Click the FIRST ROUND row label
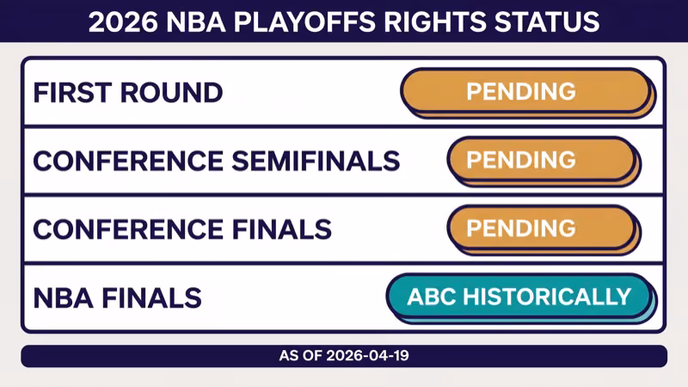coord(128,92)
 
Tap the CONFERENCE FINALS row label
coord(182,229)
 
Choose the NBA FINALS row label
coord(117,298)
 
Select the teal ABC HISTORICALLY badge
coord(519,297)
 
